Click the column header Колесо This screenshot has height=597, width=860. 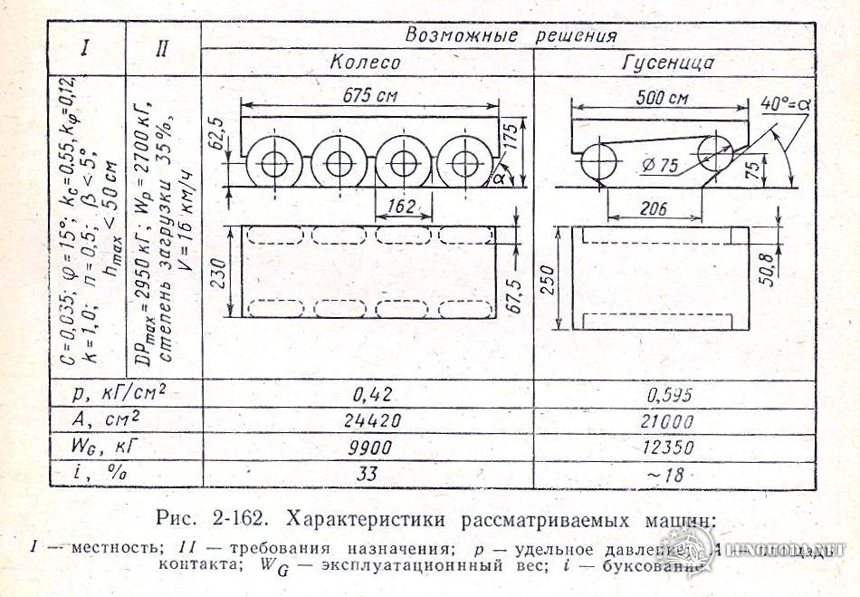(364, 63)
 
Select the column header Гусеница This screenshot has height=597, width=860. (669, 63)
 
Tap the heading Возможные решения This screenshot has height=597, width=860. (511, 35)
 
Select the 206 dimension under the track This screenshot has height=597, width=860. (653, 209)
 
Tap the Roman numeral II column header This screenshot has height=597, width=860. (161, 48)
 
